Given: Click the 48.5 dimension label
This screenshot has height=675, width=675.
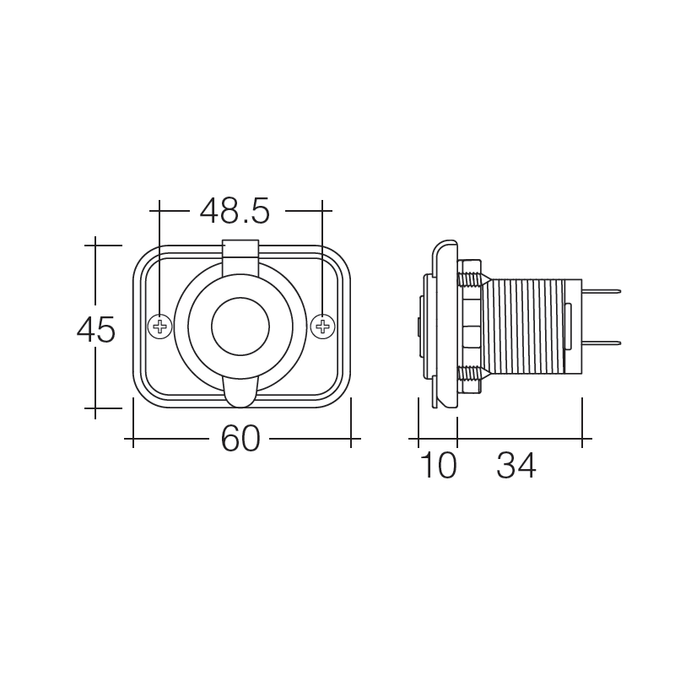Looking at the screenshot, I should [x=235, y=211].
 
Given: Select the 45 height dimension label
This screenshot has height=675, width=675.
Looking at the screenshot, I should [x=95, y=330].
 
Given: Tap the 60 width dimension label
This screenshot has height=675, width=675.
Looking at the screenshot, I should [x=241, y=439].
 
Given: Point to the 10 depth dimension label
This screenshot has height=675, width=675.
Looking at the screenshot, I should [x=437, y=466].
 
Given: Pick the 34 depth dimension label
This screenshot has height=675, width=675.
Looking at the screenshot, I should [x=516, y=466].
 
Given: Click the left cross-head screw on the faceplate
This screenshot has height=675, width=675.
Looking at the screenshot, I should [x=159, y=326].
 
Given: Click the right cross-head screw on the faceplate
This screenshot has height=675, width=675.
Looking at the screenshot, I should [x=321, y=326].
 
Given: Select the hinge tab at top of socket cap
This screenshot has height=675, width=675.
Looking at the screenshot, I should [x=240, y=251].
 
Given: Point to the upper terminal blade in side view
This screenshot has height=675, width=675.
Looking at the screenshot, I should [x=601, y=292].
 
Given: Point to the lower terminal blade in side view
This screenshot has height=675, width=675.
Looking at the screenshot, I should [x=601, y=343].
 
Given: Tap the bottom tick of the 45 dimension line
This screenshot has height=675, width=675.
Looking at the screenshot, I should [x=95, y=408].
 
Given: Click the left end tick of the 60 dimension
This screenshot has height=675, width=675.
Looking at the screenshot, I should [x=133, y=439].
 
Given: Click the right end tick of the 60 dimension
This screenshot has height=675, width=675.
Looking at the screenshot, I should [x=351, y=439].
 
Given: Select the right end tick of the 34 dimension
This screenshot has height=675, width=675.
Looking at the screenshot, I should [x=582, y=439].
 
